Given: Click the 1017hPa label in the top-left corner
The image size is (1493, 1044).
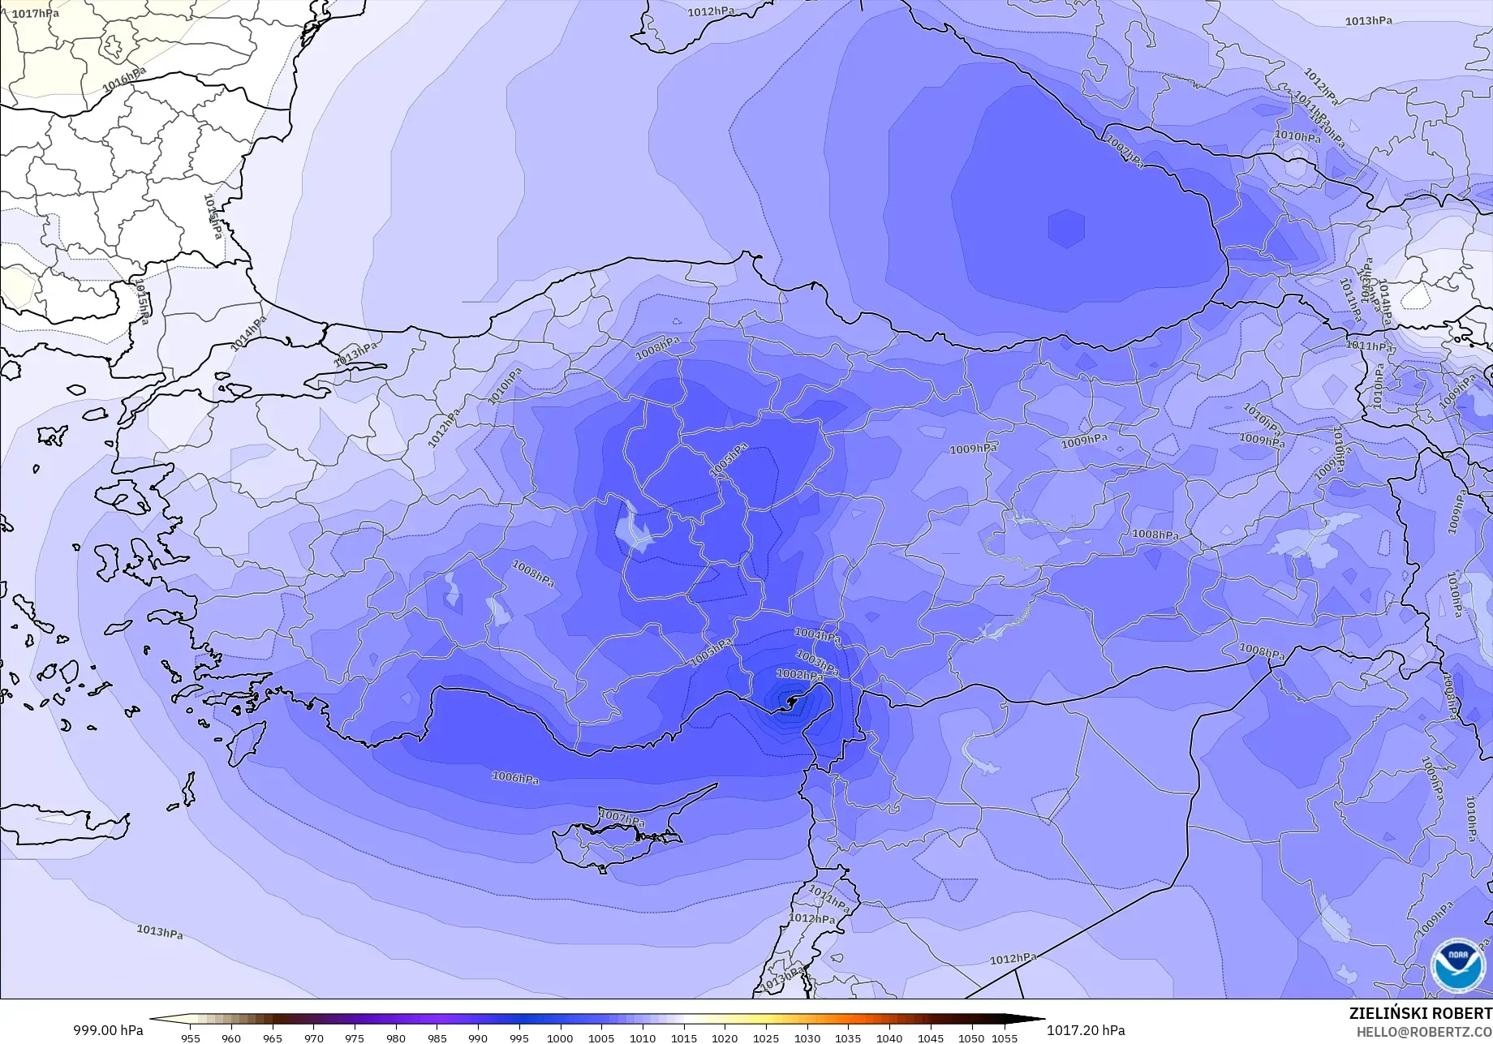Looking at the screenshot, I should (35, 14).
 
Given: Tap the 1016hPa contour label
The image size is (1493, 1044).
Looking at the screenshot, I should (124, 79).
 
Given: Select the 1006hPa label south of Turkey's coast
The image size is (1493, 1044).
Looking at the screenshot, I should (515, 778).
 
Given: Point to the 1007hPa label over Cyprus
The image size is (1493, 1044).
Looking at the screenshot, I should (622, 818).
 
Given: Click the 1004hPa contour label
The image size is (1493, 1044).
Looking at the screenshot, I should (817, 635).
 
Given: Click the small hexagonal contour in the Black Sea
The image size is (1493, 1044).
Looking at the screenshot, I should (1066, 228).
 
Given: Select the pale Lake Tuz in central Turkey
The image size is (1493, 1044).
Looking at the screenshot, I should (635, 530).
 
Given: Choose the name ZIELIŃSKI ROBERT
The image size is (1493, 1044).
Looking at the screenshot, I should (1420, 1013).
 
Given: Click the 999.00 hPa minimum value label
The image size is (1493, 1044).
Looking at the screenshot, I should (109, 1030).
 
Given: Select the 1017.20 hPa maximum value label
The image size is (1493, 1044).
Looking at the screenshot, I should (1086, 1030).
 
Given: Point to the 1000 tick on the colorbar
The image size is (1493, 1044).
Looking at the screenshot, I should (560, 1038).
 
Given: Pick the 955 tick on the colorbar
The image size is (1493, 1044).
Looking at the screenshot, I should (191, 1038).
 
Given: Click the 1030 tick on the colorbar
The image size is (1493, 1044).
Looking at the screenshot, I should (807, 1038).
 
